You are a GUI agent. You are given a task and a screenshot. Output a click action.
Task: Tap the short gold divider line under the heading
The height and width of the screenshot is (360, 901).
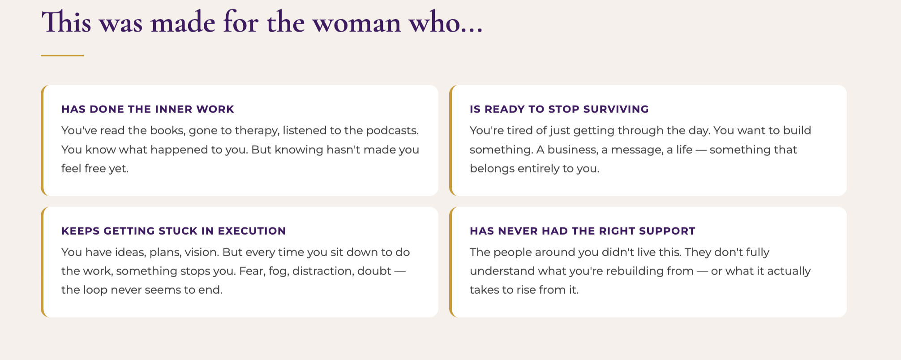coord(62,56)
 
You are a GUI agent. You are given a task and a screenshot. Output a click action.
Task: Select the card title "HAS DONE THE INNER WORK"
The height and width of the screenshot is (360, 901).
coord(148,109)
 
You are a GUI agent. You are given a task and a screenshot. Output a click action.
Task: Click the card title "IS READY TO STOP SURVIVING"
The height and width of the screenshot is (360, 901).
coord(559,109)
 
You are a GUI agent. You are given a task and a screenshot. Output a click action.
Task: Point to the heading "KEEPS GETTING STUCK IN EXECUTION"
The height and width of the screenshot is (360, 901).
coord(174,231)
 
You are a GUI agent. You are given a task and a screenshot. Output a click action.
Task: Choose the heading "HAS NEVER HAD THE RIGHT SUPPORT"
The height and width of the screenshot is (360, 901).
coord(583,231)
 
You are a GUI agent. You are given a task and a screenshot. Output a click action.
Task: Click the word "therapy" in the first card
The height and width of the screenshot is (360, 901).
coord(256,131)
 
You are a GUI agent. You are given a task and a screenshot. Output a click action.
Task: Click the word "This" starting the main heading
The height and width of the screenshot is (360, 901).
coord(66,22)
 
